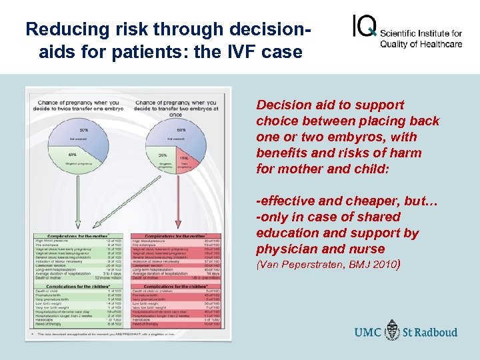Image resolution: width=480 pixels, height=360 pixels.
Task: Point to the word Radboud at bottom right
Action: [x=441, y=332]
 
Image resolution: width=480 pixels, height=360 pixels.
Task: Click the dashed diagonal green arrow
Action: [x=123, y=200]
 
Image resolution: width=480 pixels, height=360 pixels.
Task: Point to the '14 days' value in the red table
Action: [x=213, y=274]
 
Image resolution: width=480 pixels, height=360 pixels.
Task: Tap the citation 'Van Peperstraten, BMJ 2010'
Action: [x=327, y=265]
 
